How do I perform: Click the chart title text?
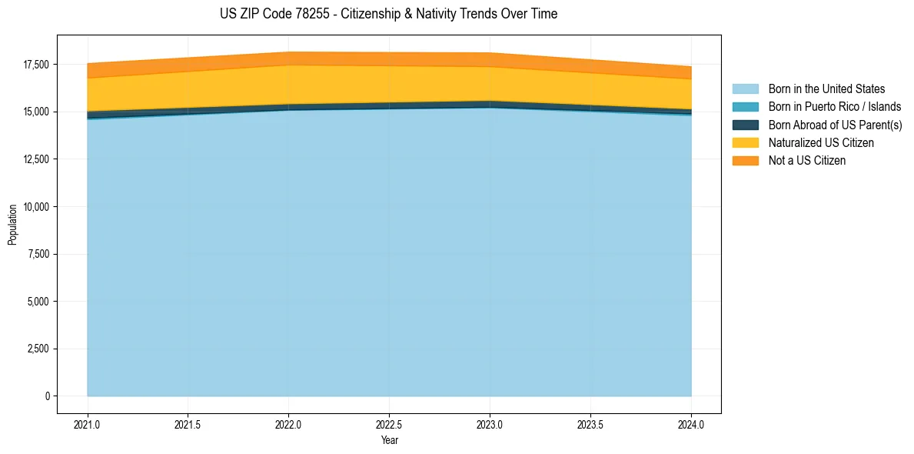point(388,14)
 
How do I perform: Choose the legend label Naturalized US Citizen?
point(821,143)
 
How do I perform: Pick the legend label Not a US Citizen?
point(806,161)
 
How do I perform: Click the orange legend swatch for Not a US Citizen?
point(745,161)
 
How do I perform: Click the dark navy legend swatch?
point(745,125)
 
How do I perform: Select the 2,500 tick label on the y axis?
point(37,349)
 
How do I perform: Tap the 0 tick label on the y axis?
point(46,396)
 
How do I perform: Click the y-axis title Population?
point(12,224)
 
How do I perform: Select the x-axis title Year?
point(389,440)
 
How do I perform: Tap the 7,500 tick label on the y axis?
point(37,255)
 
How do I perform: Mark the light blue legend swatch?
point(745,89)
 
